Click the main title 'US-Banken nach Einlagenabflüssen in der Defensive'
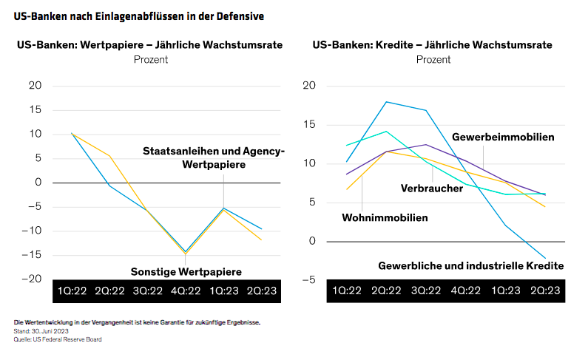coord(139,15)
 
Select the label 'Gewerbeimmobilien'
coord(503,137)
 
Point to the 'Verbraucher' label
coord(432,188)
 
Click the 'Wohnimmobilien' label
coord(385,217)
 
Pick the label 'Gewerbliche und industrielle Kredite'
coord(471,265)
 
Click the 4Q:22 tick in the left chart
coord(185,291)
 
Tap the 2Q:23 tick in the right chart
coord(546,291)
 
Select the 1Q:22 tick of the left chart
coord(72,291)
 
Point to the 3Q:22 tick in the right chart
coord(432,291)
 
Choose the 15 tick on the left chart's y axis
coord(36,109)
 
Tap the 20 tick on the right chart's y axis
coord(309,86)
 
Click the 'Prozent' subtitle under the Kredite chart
coord(432,59)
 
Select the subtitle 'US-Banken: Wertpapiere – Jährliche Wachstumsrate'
coord(150,45)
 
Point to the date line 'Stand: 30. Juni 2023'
coord(41,331)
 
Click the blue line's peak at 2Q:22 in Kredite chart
coord(386,102)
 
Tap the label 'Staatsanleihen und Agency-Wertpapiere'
coord(214,157)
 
